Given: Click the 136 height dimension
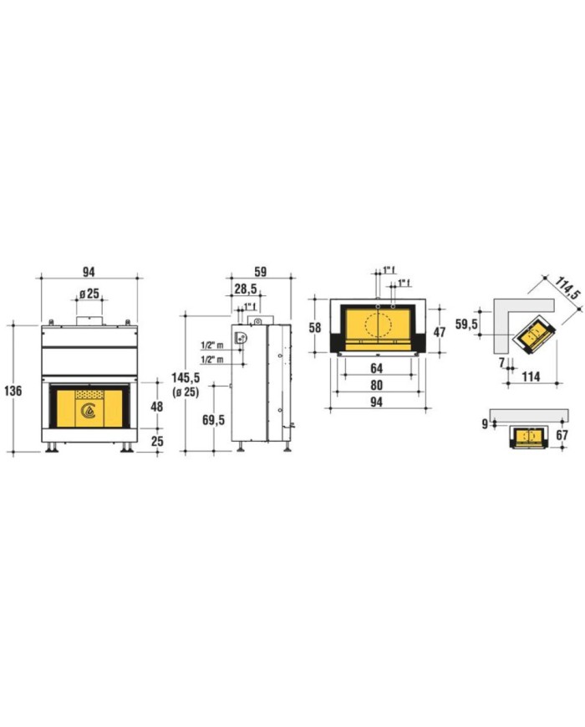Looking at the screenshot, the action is [13, 391].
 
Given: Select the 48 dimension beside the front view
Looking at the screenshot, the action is [157, 407].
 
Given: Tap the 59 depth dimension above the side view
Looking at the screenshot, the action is [261, 272].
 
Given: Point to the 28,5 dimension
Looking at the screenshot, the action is [246, 289].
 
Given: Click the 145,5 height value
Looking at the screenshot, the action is [186, 378].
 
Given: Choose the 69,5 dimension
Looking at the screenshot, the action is [214, 420].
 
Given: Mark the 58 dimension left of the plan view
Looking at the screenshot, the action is [315, 328].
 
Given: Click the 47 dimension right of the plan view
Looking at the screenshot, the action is [439, 332].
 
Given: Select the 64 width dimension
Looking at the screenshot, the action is [377, 369].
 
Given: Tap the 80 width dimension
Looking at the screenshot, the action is [377, 386].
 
